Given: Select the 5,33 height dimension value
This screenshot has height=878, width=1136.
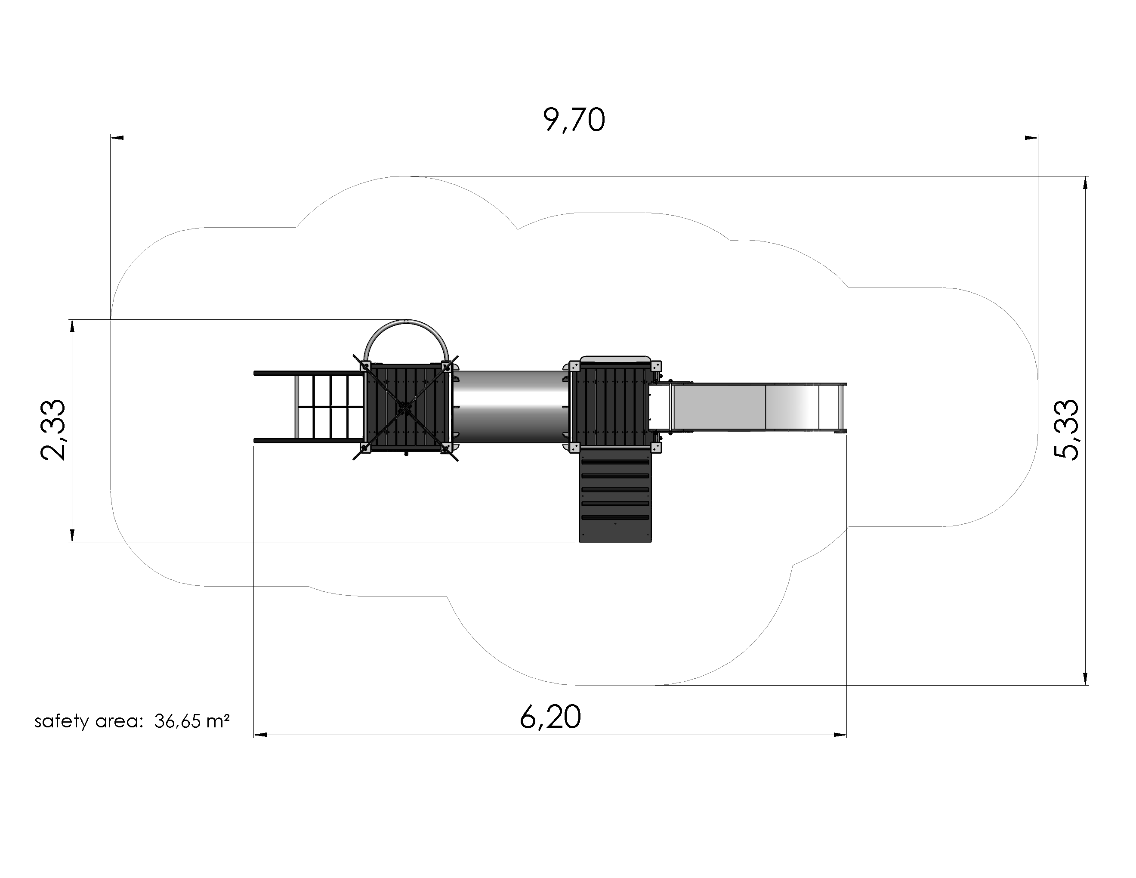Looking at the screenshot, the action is (1067, 430).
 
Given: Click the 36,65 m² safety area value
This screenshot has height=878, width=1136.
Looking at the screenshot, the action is (192, 721).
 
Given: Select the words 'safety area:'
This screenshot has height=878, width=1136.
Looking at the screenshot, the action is (88, 721).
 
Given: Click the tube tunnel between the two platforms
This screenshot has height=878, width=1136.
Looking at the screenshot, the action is (510, 407).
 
